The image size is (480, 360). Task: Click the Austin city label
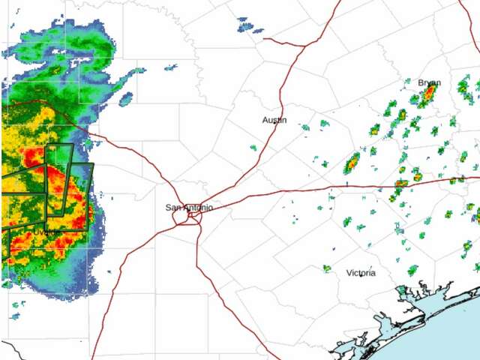click(x=274, y=120)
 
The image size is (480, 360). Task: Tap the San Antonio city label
click(x=189, y=207)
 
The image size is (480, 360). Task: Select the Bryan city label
click(x=430, y=82)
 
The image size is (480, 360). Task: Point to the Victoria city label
click(x=361, y=273)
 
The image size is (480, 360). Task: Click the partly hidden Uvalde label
click(x=45, y=232)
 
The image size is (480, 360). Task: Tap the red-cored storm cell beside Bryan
click(x=429, y=94)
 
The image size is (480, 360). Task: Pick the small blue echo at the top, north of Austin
click(x=245, y=26)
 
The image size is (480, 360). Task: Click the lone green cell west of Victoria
click(x=327, y=268)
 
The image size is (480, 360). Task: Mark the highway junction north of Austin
click(x=304, y=45)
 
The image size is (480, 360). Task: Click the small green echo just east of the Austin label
click(x=305, y=127)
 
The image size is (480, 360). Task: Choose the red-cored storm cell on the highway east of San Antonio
click(x=401, y=184)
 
